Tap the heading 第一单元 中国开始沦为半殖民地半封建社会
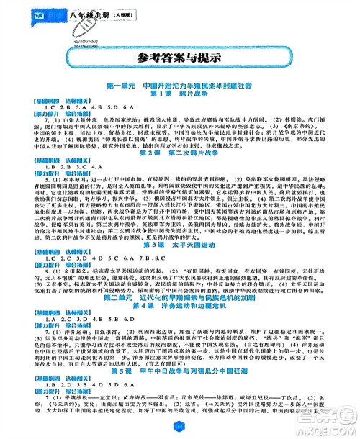tap(179, 86)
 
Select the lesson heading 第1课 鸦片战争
tap(179, 94)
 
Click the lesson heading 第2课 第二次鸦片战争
tap(179, 173)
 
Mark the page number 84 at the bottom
tap(179, 430)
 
